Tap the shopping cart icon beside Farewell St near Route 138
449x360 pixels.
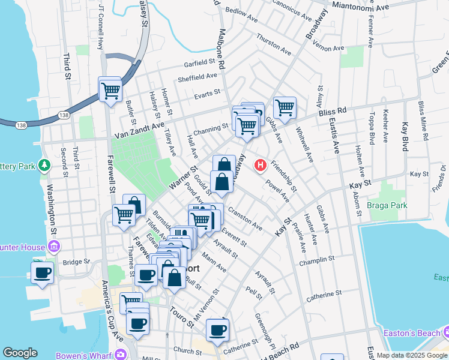coord(110,91)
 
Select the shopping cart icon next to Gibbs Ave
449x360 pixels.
coord(284,108)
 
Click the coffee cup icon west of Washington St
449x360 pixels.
coord(42,272)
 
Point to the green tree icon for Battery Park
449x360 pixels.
coord(44,164)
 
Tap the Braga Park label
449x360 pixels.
coord(387,205)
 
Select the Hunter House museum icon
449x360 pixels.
coord(53,247)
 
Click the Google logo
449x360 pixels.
coord(20,353)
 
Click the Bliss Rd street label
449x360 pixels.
coord(333,112)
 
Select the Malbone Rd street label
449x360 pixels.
coord(221,46)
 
